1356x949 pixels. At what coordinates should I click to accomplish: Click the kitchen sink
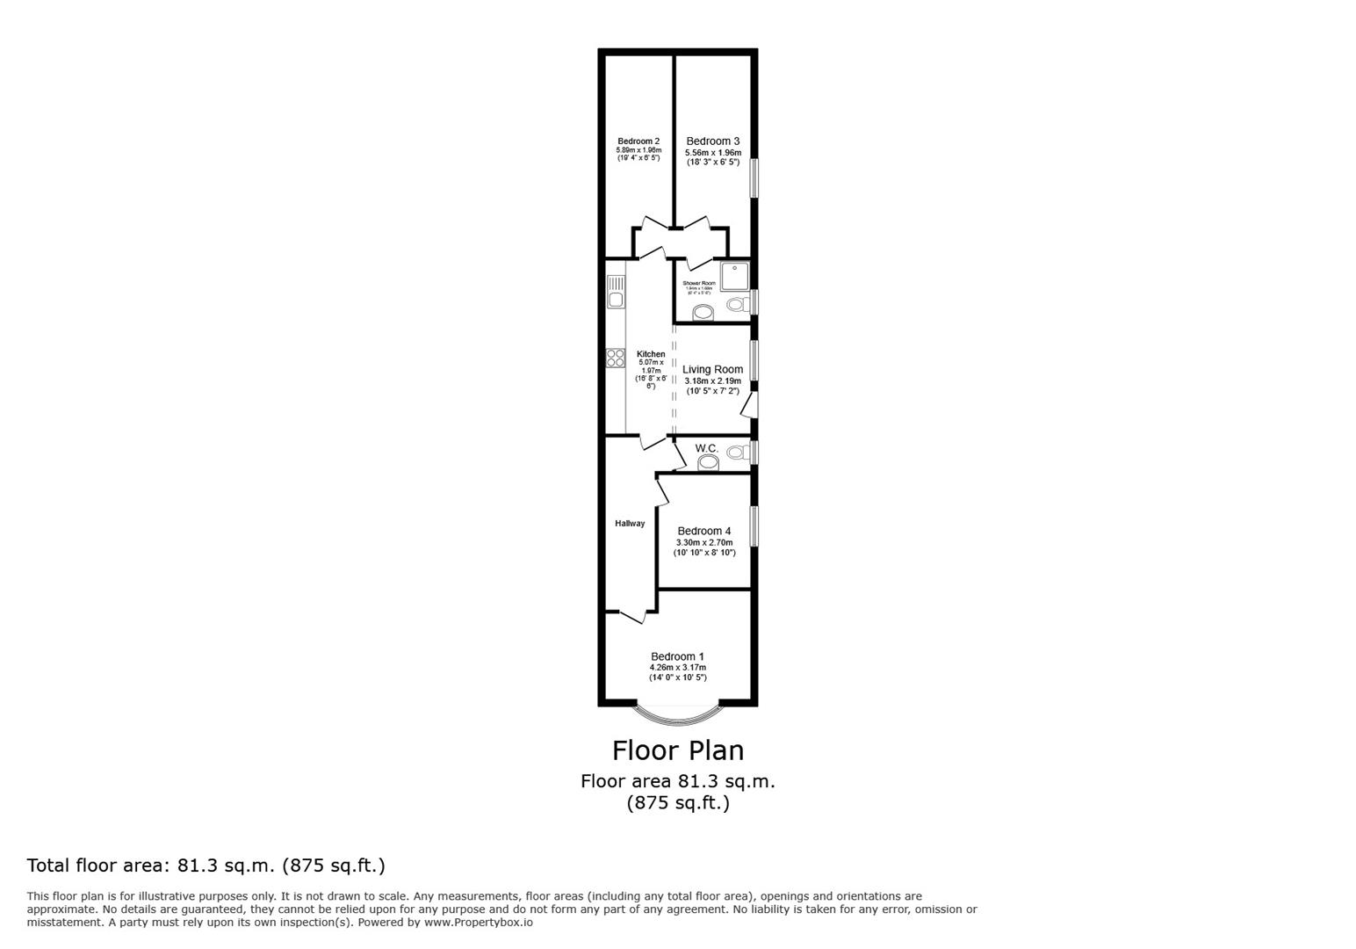(x=616, y=292)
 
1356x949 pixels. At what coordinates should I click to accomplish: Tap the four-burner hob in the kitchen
(x=616, y=359)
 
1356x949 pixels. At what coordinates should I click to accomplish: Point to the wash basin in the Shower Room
(x=703, y=313)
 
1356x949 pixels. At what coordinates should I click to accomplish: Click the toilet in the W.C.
(x=736, y=453)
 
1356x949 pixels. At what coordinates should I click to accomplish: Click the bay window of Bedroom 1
(x=678, y=717)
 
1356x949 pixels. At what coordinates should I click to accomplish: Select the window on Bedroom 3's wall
(x=754, y=177)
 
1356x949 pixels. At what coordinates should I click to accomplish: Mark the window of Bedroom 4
(x=754, y=526)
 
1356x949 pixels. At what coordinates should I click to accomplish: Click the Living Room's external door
(x=748, y=406)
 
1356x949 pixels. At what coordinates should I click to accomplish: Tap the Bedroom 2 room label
(x=638, y=141)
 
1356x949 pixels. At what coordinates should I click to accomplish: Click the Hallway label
(x=630, y=524)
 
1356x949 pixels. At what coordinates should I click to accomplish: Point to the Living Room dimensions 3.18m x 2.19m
(x=712, y=381)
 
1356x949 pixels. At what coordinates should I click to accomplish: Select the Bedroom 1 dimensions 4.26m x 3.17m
(x=677, y=668)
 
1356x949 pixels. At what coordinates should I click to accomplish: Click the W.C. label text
(x=707, y=448)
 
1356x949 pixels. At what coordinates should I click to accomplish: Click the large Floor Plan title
(x=677, y=750)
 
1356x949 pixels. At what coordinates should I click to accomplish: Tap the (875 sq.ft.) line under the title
(x=677, y=803)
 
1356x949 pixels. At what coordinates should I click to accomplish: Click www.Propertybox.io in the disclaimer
(x=478, y=923)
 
